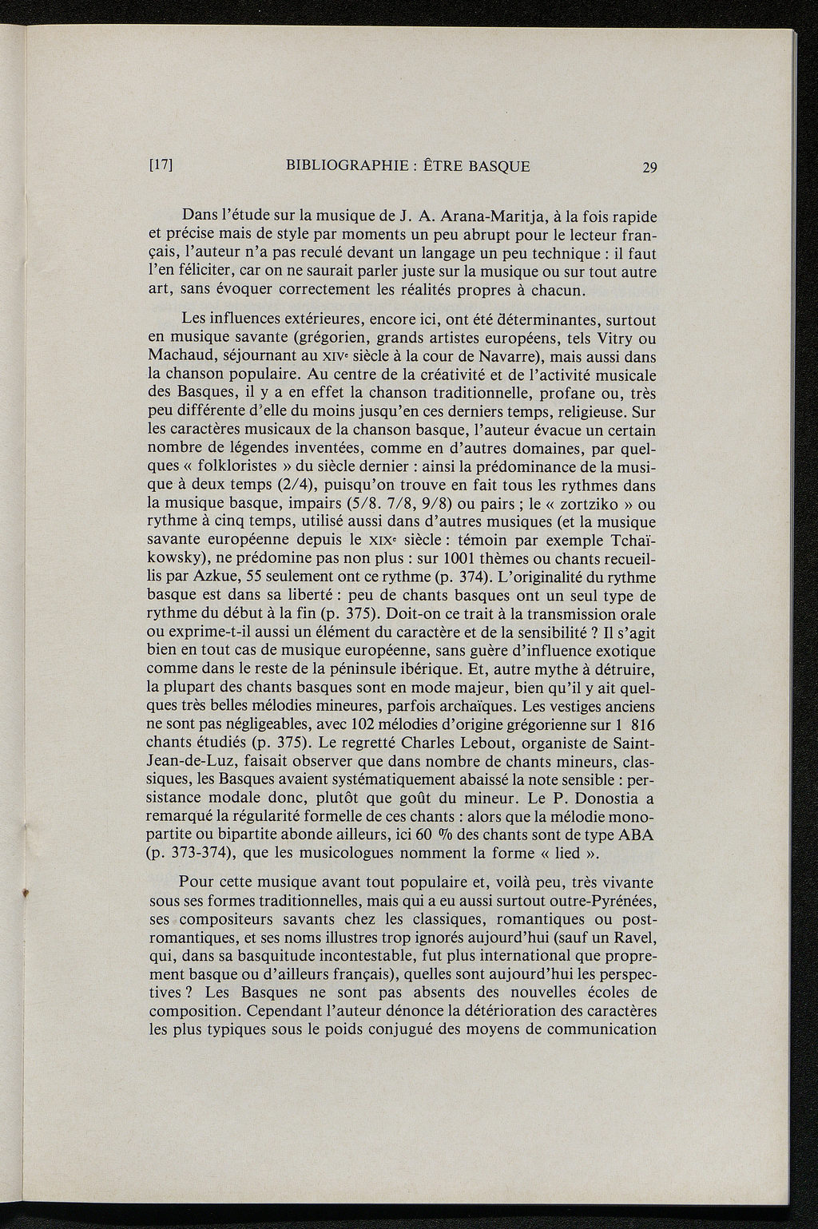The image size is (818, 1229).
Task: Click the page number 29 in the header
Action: tap(649, 168)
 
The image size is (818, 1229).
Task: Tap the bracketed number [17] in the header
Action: tap(161, 167)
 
